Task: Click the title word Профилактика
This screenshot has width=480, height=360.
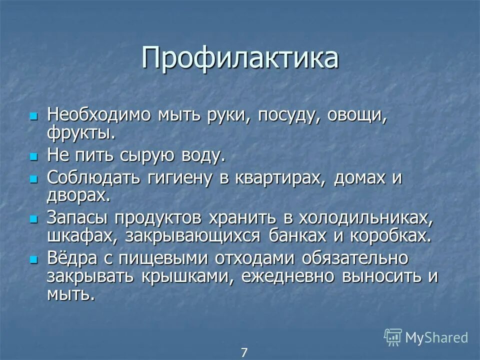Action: tap(240, 58)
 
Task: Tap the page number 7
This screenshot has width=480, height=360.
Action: tap(244, 352)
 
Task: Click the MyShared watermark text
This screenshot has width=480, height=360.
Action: tap(436, 337)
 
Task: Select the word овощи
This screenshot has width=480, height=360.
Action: tap(357, 115)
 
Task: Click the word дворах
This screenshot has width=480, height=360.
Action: tap(77, 195)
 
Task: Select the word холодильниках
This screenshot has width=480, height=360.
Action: tap(365, 218)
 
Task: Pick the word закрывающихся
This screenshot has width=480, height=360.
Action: tap(193, 235)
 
